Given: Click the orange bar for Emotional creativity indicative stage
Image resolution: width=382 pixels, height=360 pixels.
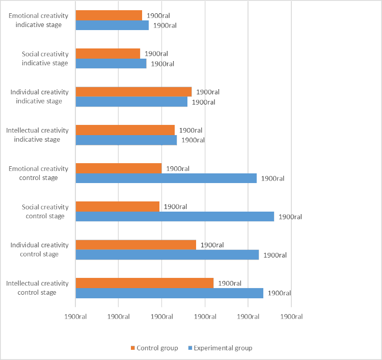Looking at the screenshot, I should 109,15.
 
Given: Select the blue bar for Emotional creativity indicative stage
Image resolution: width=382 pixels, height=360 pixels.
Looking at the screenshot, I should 112,25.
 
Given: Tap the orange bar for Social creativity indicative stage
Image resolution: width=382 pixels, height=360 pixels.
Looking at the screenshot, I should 108,54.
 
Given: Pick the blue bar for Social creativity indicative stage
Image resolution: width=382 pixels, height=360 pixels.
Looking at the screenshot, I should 111,63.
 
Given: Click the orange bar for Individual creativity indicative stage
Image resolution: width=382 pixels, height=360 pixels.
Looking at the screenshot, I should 133,92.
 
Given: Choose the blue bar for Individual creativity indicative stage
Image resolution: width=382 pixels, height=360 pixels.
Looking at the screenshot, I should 131,101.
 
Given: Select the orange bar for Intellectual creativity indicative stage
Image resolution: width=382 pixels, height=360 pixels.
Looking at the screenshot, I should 125,130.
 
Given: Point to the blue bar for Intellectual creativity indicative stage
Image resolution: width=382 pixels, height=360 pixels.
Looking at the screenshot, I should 126,140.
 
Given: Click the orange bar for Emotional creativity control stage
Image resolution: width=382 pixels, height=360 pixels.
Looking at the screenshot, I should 119,168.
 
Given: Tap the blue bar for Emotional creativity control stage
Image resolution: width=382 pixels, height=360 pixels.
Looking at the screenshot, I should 166,178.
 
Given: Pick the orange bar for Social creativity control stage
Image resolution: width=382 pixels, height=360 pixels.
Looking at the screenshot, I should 118,207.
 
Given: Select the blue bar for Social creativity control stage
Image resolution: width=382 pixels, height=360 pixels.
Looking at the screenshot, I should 175,216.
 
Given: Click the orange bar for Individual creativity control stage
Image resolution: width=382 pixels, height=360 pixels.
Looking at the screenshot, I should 136,245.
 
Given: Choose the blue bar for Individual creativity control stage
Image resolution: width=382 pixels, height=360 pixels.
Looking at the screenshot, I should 167,254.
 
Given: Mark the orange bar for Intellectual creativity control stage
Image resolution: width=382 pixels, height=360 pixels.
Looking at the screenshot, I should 145,283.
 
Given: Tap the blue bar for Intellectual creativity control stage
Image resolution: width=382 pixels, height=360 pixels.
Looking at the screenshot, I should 170,293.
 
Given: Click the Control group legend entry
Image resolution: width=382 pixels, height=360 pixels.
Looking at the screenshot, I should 155,348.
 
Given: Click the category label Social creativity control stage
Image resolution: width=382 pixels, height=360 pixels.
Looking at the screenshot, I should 45,211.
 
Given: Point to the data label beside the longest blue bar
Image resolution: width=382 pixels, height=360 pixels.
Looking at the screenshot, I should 290,217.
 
